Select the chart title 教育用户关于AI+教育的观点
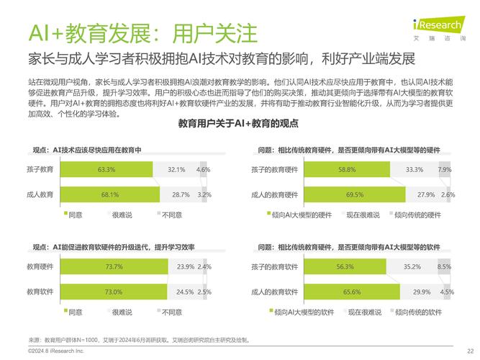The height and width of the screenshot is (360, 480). click(238, 124)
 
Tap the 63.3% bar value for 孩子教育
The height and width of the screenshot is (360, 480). click(107, 170)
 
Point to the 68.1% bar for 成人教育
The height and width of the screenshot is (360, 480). click(110, 194)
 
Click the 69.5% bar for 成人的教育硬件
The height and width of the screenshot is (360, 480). click(355, 194)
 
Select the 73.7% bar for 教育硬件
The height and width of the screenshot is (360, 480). click(114, 267)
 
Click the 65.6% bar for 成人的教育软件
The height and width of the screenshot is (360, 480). click(352, 292)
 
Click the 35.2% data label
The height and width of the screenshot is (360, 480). click(412, 267)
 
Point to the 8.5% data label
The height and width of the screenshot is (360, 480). click(445, 267)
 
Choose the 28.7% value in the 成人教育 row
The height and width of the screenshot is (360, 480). click(181, 194)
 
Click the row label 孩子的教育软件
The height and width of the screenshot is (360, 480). click(274, 267)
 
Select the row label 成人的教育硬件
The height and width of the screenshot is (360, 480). click(274, 194)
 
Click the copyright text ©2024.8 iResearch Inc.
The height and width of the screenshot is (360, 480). click(55, 351)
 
